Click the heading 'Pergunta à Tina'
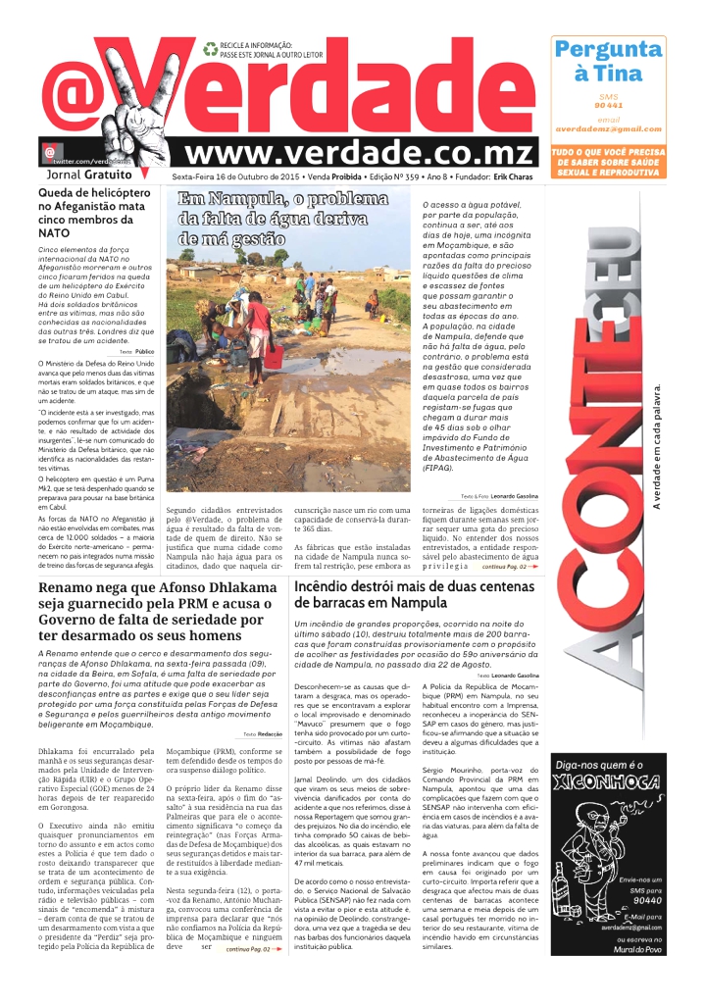[607, 61]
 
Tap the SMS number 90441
[608, 104]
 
